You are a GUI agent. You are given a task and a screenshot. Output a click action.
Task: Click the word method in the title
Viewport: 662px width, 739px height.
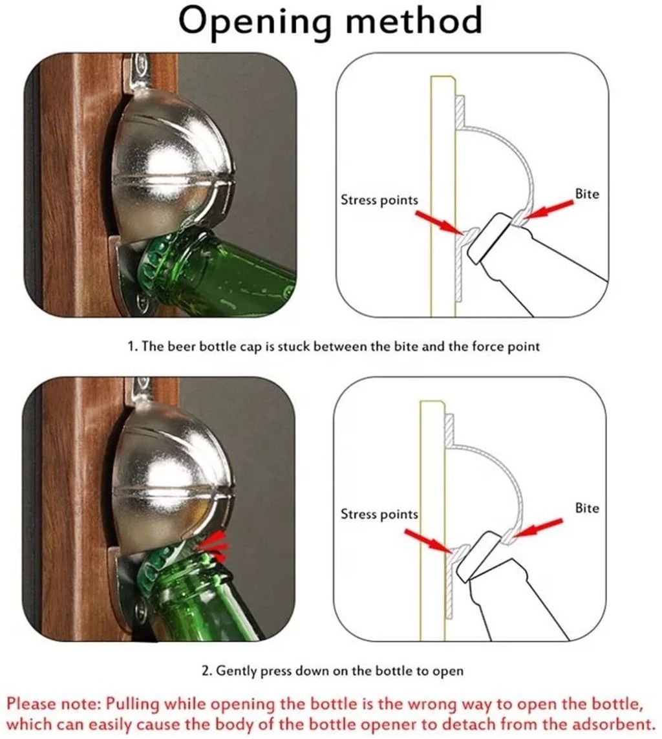[x=414, y=20]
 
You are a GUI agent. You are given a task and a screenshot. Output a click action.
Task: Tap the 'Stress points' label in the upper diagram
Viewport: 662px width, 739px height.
[x=379, y=200]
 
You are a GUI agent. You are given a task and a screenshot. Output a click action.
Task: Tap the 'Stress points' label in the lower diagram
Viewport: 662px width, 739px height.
[x=379, y=514]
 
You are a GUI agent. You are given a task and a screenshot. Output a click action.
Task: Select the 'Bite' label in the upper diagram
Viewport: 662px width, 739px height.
[x=587, y=194]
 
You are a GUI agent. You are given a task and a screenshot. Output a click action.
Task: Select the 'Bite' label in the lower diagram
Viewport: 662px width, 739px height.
[x=587, y=508]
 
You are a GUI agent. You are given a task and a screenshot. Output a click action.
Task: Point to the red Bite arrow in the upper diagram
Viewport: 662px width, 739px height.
[x=548, y=209]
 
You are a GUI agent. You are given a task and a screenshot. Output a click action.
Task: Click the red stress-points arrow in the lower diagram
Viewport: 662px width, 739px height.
[x=428, y=542]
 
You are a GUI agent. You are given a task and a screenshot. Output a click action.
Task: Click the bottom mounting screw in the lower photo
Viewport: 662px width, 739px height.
[x=142, y=611]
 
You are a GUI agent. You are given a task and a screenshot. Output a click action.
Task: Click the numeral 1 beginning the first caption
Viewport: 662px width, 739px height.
[x=131, y=347]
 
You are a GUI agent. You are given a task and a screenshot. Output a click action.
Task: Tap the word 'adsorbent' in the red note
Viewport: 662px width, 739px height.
[x=608, y=724]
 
